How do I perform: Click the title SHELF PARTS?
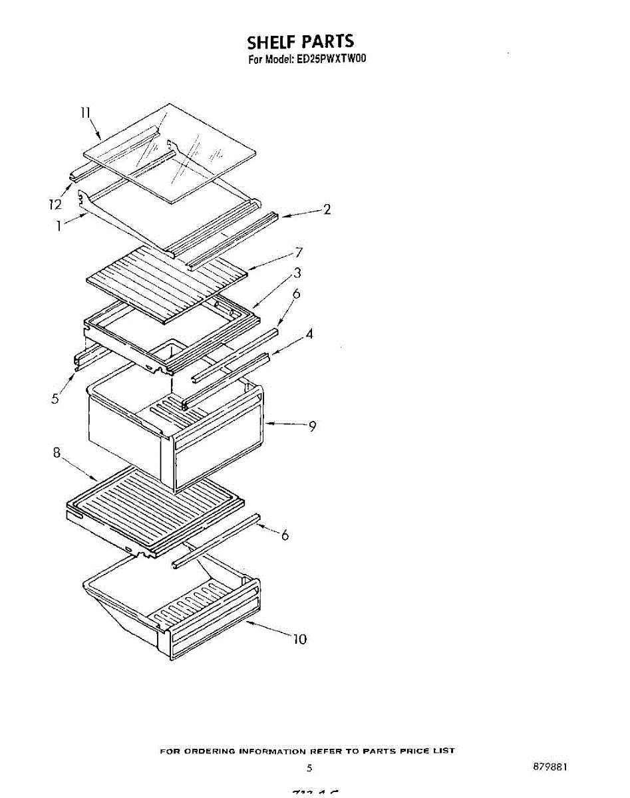pyautogui.click(x=300, y=43)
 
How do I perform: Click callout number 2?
pyautogui.click(x=327, y=209)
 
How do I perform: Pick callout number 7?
pyautogui.click(x=299, y=252)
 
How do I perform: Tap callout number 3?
pyautogui.click(x=297, y=272)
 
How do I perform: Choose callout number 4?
pyautogui.click(x=309, y=334)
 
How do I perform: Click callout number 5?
pyautogui.click(x=56, y=398)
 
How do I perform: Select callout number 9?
pyautogui.click(x=311, y=426)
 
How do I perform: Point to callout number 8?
pyautogui.click(x=57, y=453)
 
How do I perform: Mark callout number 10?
pyautogui.click(x=299, y=639)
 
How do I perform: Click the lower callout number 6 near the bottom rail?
pyautogui.click(x=285, y=535)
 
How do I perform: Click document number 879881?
pyautogui.click(x=550, y=766)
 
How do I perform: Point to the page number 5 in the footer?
pyautogui.click(x=309, y=768)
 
